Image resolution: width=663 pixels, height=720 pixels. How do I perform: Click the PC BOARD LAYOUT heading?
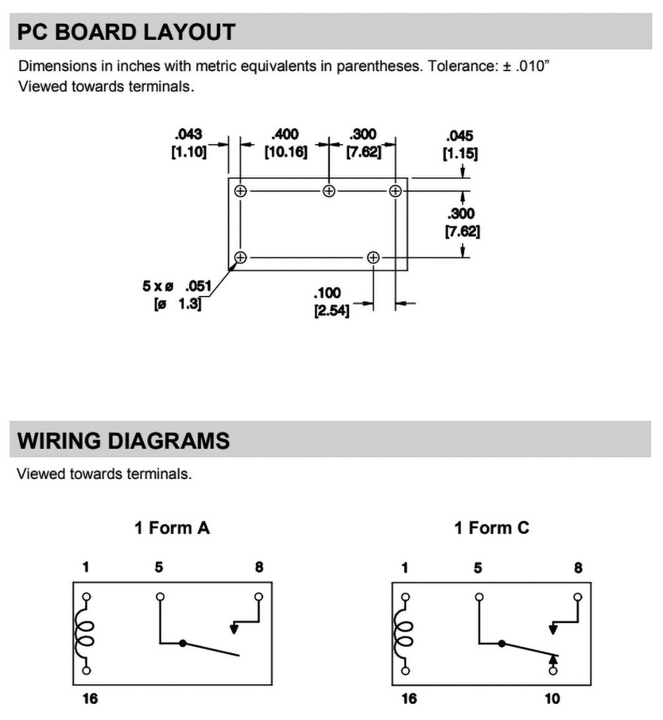(126, 32)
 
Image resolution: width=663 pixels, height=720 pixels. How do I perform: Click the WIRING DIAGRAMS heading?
(124, 441)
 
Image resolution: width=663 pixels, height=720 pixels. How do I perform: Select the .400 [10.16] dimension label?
(286, 143)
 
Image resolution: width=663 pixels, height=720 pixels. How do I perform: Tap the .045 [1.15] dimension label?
(460, 145)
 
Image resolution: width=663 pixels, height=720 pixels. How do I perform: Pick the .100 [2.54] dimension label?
(331, 302)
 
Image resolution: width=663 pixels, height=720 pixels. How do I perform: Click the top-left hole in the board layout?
(241, 191)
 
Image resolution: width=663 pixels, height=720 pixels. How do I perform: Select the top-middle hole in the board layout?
(329, 191)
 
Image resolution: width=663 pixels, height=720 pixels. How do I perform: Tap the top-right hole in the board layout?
(395, 191)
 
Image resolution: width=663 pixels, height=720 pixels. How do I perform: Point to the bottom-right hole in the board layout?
(373, 258)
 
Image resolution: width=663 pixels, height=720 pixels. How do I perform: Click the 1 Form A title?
(172, 527)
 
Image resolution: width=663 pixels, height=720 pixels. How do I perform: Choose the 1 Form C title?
(492, 527)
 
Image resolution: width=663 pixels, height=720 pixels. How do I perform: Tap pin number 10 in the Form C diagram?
(552, 698)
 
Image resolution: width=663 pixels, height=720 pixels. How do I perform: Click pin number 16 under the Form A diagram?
(90, 698)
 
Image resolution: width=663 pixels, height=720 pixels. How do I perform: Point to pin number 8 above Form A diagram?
(259, 567)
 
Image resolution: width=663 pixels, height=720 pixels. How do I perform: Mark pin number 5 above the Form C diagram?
(478, 567)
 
